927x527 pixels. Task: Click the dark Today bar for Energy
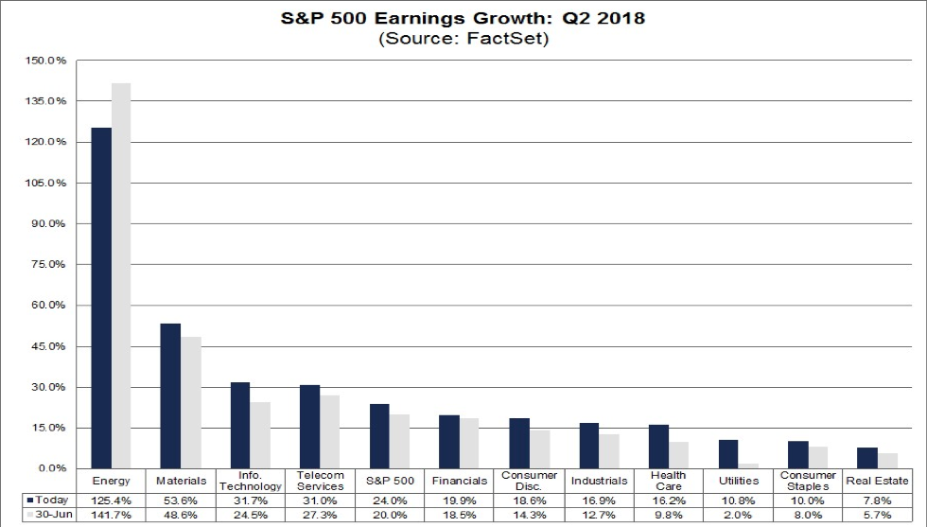101,298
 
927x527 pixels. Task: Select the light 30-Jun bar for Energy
121,275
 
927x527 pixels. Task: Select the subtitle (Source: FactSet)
463,39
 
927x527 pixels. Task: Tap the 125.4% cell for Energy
112,499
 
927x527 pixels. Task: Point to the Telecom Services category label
321,481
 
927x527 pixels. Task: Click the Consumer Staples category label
809,481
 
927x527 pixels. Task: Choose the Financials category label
460,481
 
